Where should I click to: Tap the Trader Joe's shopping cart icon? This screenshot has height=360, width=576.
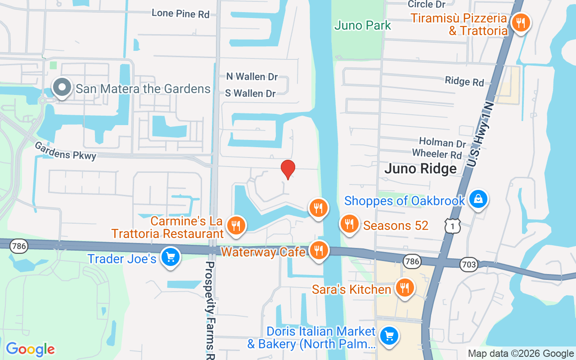(170, 257)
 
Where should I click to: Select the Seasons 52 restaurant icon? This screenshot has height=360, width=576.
(348, 223)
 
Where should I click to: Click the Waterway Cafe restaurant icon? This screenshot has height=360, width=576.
(319, 250)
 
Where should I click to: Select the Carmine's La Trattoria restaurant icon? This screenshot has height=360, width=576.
(235, 225)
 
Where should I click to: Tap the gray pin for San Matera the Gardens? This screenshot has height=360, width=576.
(62, 87)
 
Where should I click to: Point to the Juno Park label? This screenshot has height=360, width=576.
(363, 25)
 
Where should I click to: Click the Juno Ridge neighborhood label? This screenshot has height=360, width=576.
(420, 169)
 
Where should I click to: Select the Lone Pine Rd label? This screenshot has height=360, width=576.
(180, 13)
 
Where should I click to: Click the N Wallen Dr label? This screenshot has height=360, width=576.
(252, 77)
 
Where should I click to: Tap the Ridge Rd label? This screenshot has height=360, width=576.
(464, 81)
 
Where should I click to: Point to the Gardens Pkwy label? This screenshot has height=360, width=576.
(66, 151)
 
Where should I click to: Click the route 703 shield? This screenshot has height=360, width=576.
(469, 265)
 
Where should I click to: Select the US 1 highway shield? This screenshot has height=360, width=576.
(453, 226)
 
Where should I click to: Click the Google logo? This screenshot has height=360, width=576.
(30, 349)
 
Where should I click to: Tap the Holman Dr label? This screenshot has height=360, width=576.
(442, 143)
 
